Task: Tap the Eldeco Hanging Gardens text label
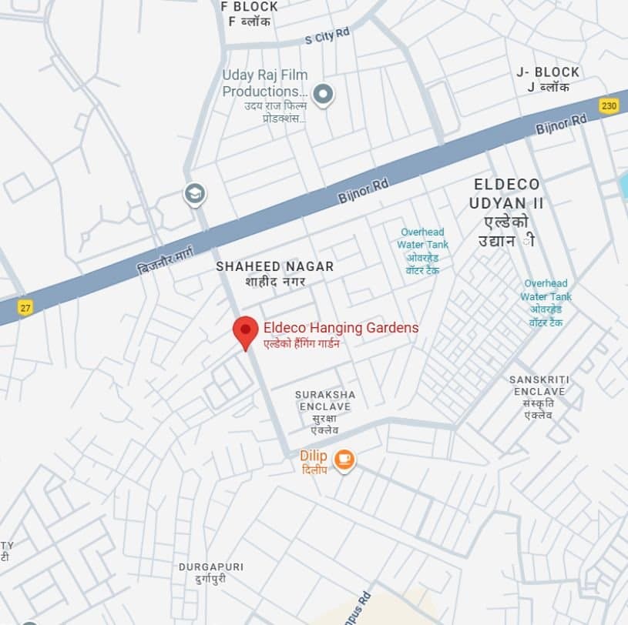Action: (x=341, y=328)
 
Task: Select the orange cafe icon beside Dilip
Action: (x=344, y=459)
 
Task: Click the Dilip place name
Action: (x=314, y=456)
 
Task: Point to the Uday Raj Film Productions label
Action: (x=264, y=83)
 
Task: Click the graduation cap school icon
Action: (x=195, y=193)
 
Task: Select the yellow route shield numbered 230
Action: (x=609, y=105)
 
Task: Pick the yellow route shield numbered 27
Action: (x=25, y=307)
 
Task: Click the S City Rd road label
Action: (x=327, y=36)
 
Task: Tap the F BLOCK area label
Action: (x=249, y=7)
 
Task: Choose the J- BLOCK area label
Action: (x=548, y=72)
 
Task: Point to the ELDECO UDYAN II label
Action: (x=507, y=194)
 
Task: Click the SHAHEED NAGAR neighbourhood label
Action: (x=274, y=266)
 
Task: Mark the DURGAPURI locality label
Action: (x=210, y=567)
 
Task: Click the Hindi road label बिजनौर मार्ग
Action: (x=165, y=258)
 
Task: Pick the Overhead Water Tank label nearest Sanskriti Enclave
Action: (x=546, y=290)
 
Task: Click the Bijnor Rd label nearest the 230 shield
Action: (x=561, y=122)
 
